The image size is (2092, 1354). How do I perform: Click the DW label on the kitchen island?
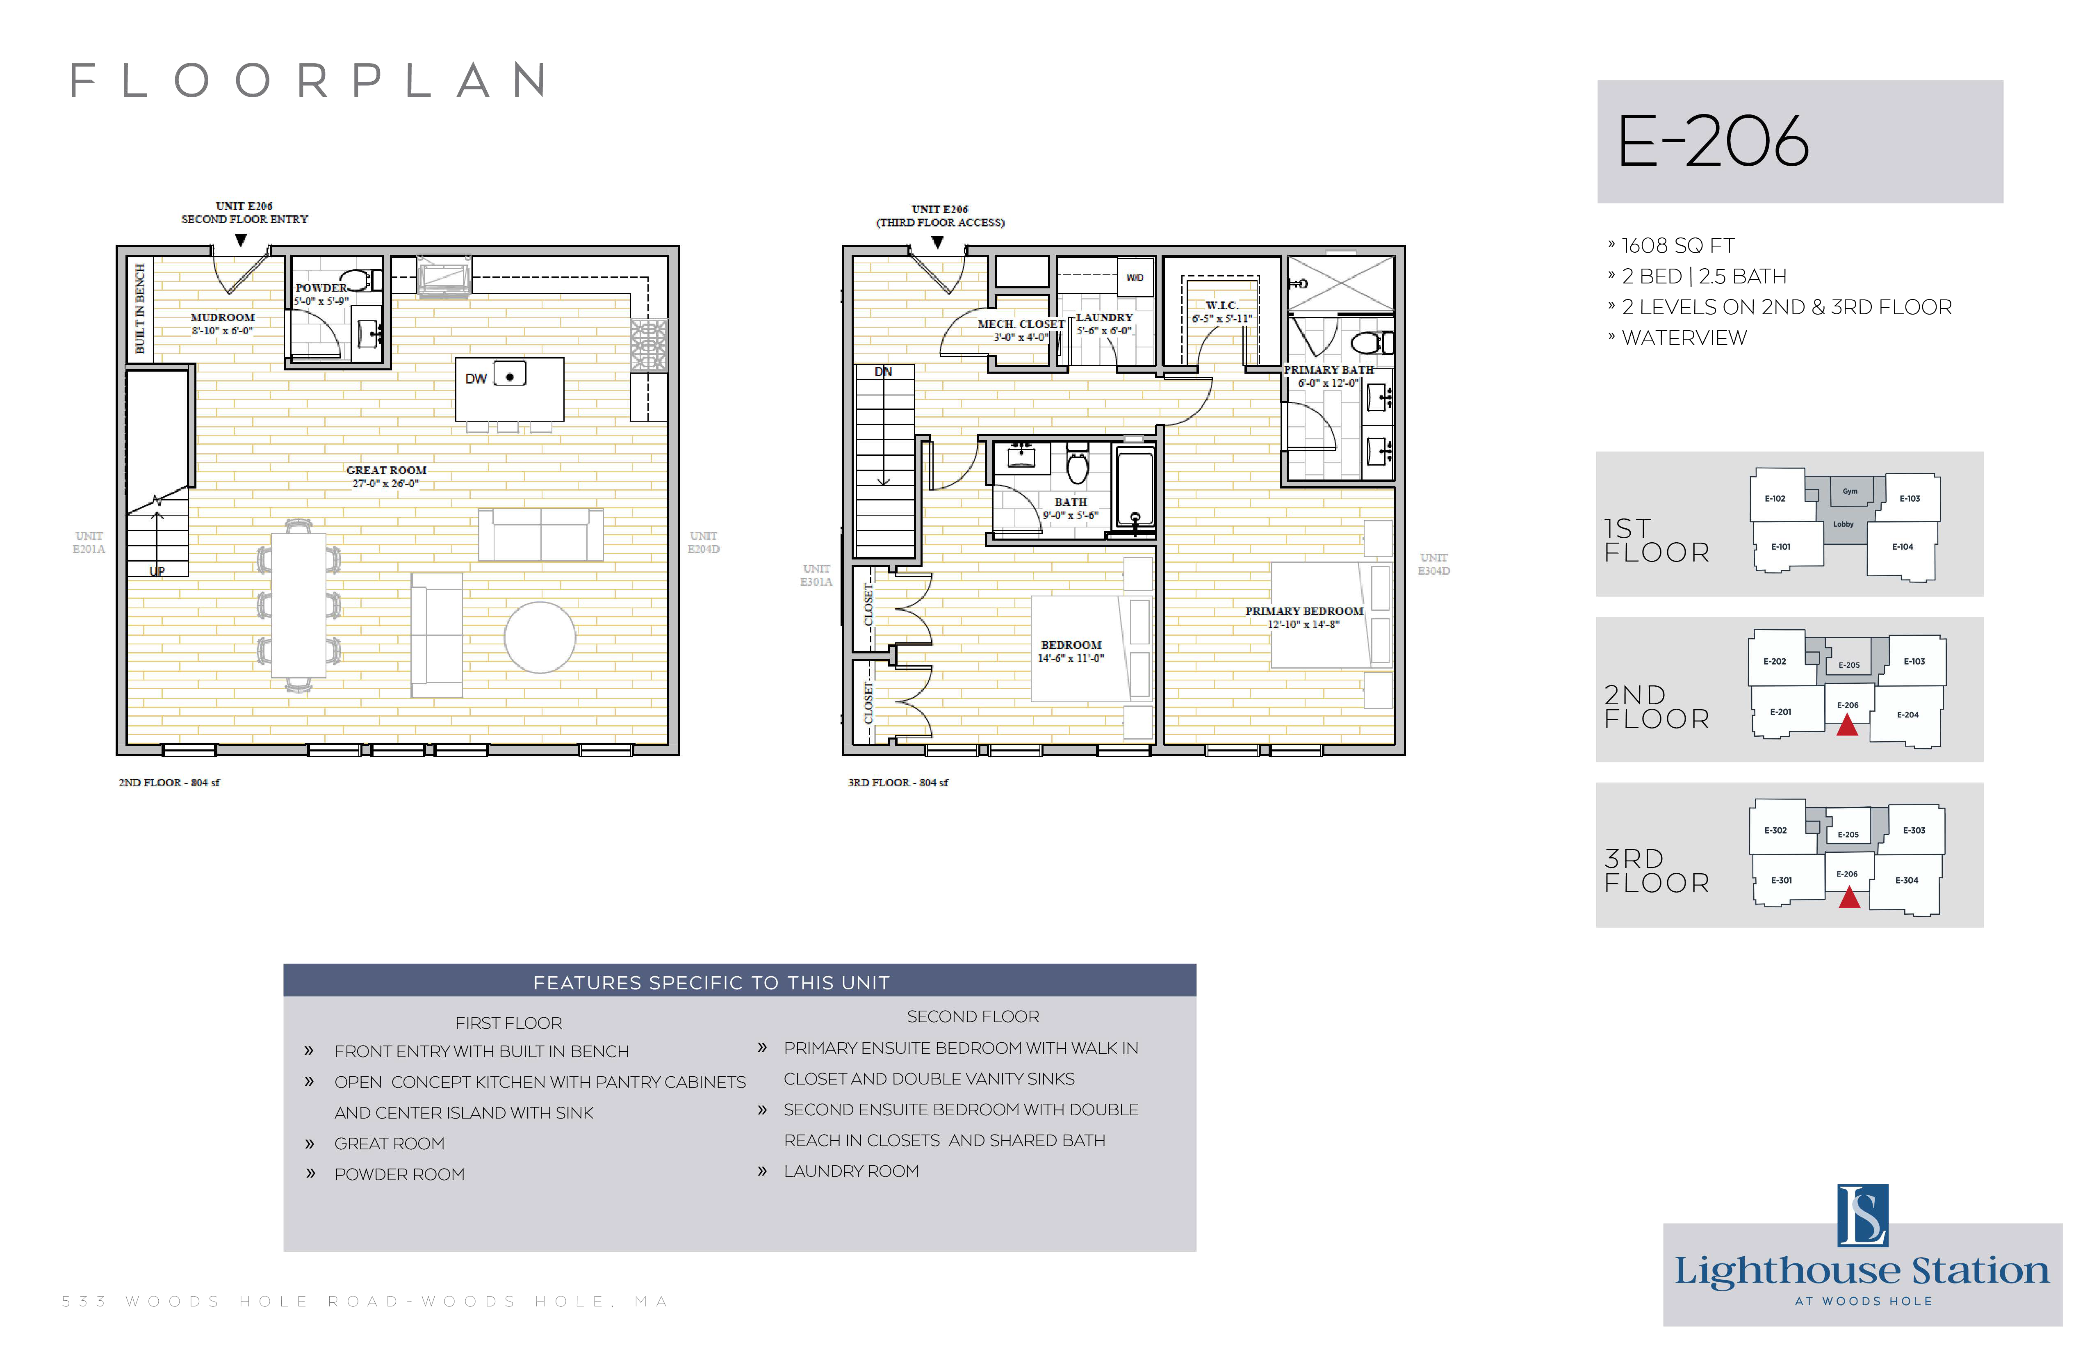476,379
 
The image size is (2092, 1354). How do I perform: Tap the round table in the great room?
540,637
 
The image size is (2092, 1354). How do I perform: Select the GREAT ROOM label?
387,470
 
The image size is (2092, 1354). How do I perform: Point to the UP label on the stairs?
157,571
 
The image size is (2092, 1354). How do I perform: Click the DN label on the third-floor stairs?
883,372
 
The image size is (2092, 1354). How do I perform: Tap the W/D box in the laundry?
1135,278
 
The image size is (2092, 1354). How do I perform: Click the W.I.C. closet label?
1222,305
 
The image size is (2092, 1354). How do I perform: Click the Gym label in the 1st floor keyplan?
1850,491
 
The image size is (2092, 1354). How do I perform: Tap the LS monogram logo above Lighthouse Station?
1862,1215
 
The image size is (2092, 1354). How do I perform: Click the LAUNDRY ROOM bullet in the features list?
851,1171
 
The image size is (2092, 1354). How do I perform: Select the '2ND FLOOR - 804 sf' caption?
169,783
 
